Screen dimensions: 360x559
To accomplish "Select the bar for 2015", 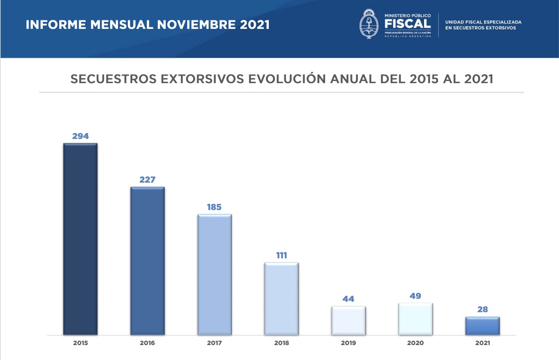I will point(80,239).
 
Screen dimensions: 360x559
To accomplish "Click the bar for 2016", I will point(147,260).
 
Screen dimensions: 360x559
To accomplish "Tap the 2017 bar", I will point(215,274).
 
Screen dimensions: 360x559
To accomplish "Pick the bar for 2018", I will point(281,298).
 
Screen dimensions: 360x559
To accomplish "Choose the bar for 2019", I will point(348,320).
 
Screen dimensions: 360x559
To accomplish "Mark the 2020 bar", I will point(416,319).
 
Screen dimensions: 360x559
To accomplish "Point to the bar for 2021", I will point(482,326).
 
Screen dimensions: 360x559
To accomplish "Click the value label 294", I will point(80,136).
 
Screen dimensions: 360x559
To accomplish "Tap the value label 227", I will point(147,180).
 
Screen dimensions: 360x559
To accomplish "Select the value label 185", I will point(215,207).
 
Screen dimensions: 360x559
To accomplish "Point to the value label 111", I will point(282,255).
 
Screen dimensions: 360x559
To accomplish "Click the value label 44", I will point(348,299).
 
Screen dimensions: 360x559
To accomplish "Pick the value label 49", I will point(416,296).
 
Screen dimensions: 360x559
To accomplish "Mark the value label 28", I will point(482,309).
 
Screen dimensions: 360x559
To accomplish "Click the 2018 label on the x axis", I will point(281,343).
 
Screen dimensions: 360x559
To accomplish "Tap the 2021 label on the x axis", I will point(482,343).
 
